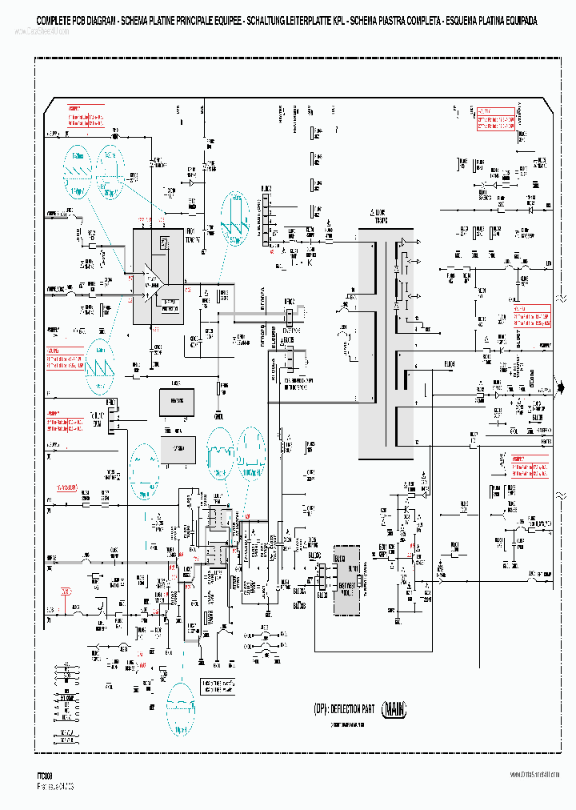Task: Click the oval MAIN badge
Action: (x=398, y=708)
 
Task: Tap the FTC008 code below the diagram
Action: (x=45, y=775)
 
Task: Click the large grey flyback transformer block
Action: (x=367, y=320)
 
